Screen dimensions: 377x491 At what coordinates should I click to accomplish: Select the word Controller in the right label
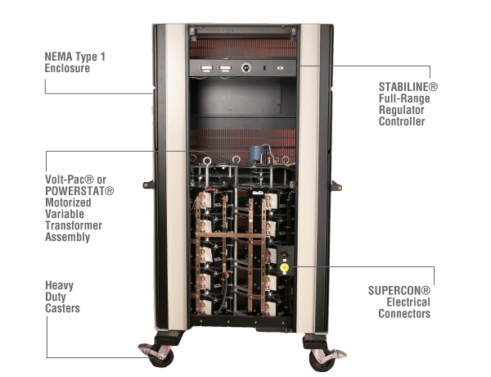click(402, 121)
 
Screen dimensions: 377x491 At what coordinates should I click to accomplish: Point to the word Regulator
click(403, 108)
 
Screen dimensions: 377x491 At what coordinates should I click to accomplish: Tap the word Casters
click(62, 310)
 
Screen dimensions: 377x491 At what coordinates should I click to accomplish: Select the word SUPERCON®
click(404, 289)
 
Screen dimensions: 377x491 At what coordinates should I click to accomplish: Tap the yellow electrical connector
click(285, 266)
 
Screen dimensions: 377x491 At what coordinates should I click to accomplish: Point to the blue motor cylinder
click(255, 152)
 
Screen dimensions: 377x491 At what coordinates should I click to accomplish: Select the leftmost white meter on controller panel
click(206, 69)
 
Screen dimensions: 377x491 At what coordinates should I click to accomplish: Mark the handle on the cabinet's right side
click(336, 186)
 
